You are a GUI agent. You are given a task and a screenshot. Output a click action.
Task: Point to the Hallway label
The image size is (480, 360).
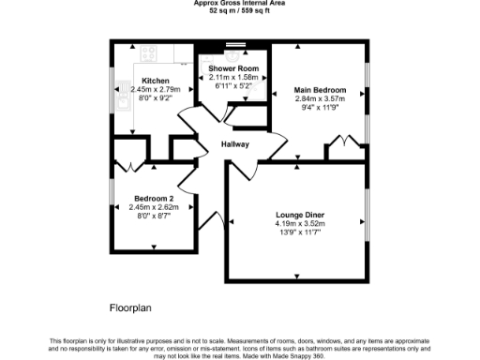(x=234, y=145)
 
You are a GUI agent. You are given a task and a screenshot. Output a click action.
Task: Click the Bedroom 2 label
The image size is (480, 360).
(x=153, y=198)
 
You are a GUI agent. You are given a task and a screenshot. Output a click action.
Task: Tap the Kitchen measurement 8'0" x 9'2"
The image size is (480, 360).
(x=155, y=100)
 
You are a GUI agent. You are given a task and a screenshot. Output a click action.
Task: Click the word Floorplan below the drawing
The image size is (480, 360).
(x=130, y=307)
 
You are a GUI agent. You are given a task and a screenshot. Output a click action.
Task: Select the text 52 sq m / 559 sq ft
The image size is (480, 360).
(x=239, y=11)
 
